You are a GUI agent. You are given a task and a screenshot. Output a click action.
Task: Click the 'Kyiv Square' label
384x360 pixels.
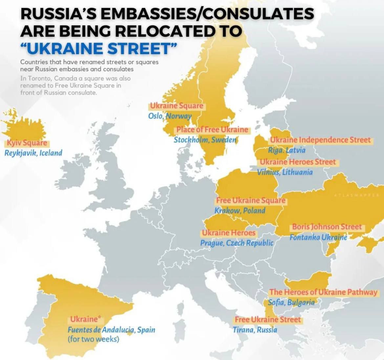pos(27,143)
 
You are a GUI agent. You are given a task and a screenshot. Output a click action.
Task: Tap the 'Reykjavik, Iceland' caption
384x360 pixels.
pos(33,153)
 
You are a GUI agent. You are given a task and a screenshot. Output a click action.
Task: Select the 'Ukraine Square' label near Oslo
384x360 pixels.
pos(177,106)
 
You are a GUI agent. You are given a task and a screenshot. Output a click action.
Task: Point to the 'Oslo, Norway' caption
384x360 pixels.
pos(170,116)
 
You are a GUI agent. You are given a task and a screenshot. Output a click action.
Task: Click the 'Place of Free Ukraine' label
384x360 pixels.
pos(212,129)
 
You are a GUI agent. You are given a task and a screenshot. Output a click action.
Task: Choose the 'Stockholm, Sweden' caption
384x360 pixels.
pos(205,140)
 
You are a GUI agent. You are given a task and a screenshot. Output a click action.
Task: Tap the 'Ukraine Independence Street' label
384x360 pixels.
pos(320,140)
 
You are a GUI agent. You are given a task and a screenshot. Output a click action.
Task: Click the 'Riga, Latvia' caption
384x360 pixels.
pos(287,150)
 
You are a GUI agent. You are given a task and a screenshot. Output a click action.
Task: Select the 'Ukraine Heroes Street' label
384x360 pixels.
pos(298,162)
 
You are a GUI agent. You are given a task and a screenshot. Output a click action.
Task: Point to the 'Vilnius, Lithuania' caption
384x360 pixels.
pos(285,172)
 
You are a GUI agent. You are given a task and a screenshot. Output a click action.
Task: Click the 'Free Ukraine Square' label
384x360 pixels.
pos(250,200)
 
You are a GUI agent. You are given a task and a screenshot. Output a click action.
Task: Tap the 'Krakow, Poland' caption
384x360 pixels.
pos(240,210)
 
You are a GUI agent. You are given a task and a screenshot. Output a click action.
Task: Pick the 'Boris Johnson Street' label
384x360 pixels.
pos(327,227)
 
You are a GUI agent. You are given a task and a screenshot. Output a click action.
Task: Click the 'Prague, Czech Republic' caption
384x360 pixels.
pos(237,243)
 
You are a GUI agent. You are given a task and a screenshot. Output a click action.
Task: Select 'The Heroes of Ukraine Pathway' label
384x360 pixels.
pos(323,292)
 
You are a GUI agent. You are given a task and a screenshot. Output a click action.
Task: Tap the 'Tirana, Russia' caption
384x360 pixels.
pos(255,329)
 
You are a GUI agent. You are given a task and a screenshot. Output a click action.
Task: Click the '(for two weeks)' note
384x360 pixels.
pos(93,339)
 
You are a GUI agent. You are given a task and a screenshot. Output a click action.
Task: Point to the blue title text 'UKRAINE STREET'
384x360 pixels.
pos(98,49)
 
